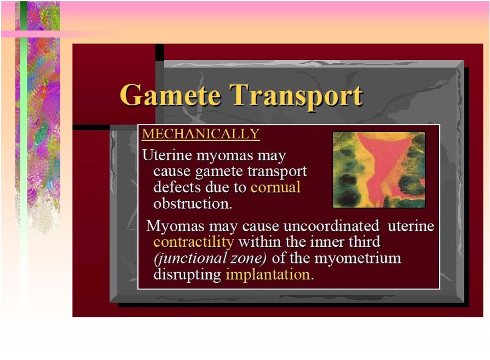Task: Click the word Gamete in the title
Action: pos(170,95)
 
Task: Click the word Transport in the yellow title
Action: pos(296,97)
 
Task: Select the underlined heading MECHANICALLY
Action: pos(201,134)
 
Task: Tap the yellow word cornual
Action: pos(275,187)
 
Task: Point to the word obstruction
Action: pos(192,203)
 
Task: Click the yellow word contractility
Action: pos(194,242)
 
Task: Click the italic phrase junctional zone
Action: pos(210,258)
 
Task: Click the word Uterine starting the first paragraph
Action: pos(167,155)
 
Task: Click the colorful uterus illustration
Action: pos(379,170)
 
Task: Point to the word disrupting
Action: pos(187,275)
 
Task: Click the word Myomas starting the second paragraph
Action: pos(175,226)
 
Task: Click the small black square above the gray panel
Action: pos(160,52)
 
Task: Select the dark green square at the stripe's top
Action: pos(23,16)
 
